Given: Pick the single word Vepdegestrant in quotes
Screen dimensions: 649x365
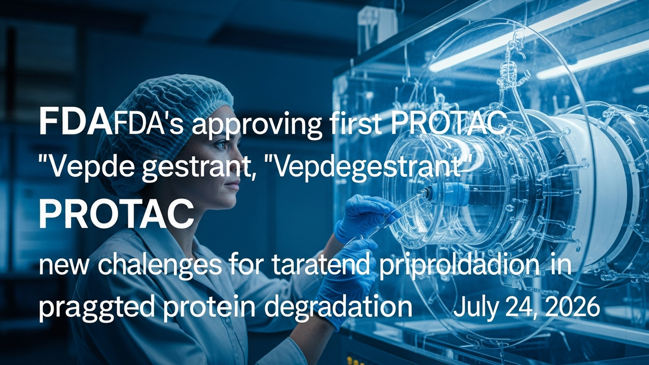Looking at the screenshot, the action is pos(366,168).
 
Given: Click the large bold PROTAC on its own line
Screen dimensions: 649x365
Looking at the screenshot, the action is pos(117,214).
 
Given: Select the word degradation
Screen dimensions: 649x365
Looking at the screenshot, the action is pos(338,308).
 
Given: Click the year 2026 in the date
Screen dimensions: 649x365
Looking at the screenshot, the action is pos(571,307).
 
